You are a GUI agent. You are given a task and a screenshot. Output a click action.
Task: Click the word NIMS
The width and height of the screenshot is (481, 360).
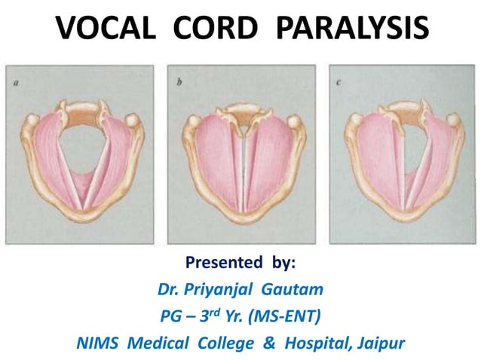[99, 343]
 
